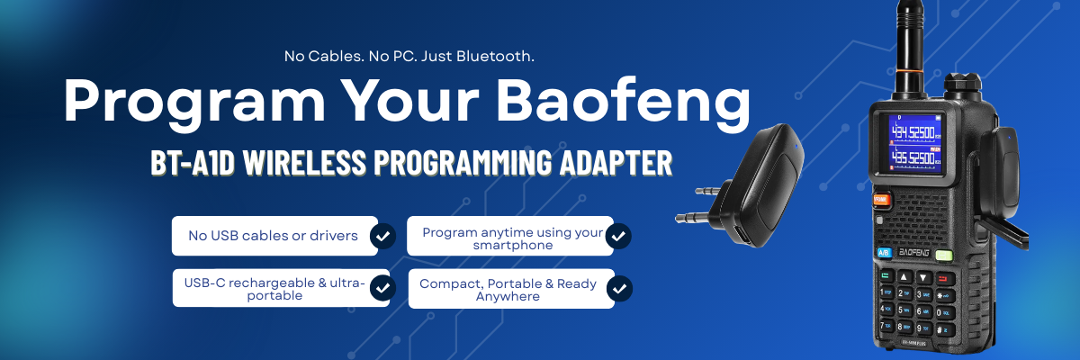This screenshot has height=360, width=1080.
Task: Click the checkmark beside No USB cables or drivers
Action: click(x=382, y=236)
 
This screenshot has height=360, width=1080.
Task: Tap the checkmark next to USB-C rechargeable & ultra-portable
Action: click(x=382, y=288)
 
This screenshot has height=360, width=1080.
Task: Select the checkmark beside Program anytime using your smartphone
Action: click(x=618, y=236)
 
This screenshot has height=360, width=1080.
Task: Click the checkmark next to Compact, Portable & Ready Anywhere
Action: click(x=618, y=289)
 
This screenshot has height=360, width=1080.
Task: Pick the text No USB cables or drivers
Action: click(x=274, y=236)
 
